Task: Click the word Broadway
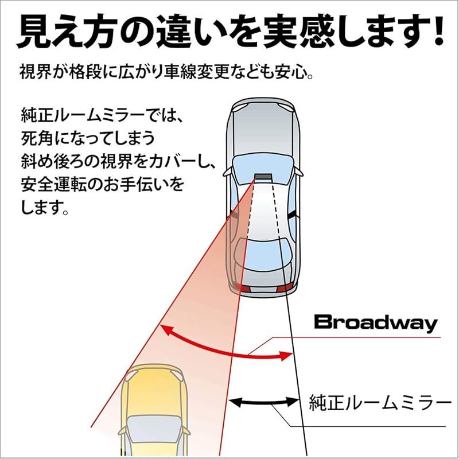click(376, 324)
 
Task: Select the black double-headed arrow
click(264, 402)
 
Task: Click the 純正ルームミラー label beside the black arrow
click(380, 403)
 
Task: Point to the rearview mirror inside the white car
click(263, 177)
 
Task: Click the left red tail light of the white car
click(242, 287)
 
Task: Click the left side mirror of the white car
click(228, 172)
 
